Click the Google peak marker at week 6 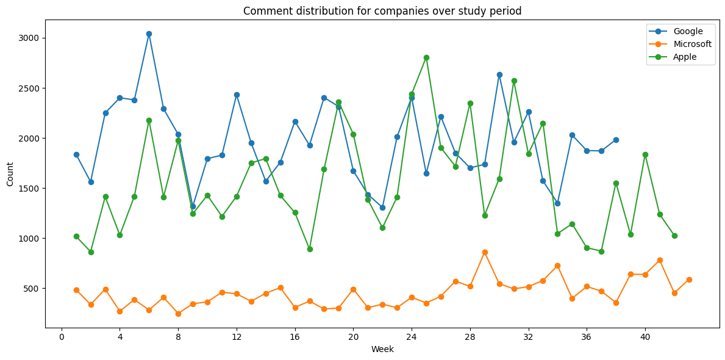(x=149, y=34)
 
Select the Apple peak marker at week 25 (x=426, y=57)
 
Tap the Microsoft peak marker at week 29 (x=485, y=252)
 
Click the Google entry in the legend (x=688, y=31)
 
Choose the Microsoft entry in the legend (x=692, y=44)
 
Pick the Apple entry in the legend (x=685, y=57)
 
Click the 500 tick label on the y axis (x=32, y=288)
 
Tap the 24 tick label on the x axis (x=412, y=337)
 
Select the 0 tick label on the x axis (x=62, y=337)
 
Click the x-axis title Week (x=382, y=350)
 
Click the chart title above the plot (x=382, y=10)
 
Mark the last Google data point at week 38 (x=616, y=140)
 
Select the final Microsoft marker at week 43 (x=689, y=279)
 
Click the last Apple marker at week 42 (x=674, y=236)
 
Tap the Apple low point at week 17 (x=310, y=249)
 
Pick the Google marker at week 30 (x=499, y=74)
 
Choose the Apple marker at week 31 (x=514, y=81)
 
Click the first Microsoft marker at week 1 (x=76, y=290)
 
